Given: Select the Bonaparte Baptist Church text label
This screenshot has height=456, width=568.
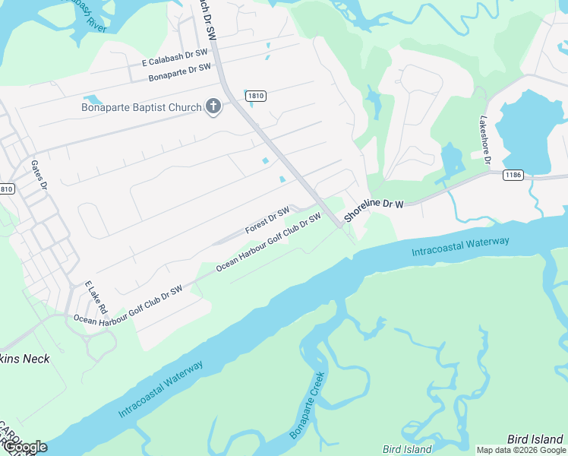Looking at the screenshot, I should coord(141,107).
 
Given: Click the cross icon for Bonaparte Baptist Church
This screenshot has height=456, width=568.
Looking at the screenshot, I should coord(213,106).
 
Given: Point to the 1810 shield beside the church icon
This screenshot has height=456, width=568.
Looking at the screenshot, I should coord(255,95).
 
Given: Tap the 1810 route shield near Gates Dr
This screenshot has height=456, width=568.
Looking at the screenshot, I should coord(6,188).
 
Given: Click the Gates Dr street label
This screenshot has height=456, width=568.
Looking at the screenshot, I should coord(39,175).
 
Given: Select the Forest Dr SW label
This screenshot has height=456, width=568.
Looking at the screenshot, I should coord(267,220).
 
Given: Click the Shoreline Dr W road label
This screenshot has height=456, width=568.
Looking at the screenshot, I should coord(373,211).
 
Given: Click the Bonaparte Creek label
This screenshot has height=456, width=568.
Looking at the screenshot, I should coord(308,405).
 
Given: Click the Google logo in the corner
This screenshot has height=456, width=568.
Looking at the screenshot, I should coord(24,447).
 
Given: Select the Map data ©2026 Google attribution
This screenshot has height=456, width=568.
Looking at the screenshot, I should coord(520,450).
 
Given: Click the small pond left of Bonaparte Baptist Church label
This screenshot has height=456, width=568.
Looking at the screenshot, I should coord(93,100).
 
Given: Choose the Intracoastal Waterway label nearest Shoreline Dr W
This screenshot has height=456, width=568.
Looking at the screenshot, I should coord(460,246).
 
